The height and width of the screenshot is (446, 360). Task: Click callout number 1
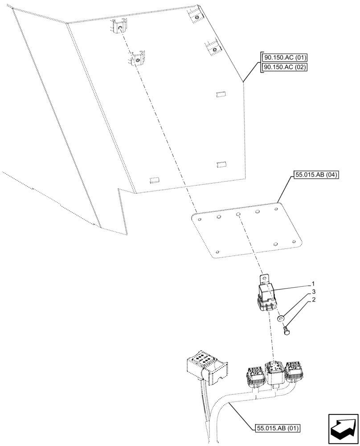click(x=313, y=284)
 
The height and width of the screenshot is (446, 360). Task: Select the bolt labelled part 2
click(x=285, y=330)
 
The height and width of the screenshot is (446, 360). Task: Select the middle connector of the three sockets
click(x=274, y=372)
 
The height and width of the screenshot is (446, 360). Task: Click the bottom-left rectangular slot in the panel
click(x=155, y=180)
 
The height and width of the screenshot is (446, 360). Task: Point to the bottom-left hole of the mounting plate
click(x=217, y=251)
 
